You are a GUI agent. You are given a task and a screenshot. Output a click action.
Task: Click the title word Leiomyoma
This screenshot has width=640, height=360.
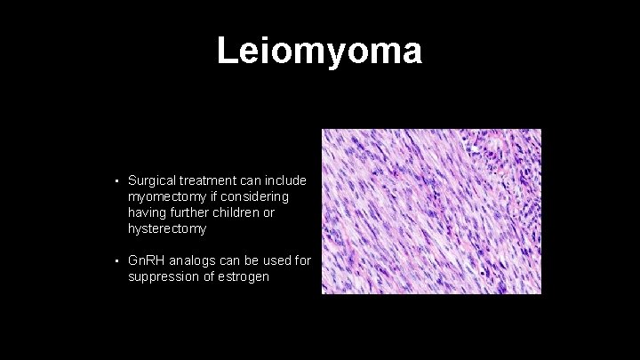(319, 52)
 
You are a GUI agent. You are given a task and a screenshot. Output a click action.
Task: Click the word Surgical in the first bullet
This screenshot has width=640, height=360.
(153, 180)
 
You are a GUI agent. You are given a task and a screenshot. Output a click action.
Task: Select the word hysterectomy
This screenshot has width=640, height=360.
(167, 228)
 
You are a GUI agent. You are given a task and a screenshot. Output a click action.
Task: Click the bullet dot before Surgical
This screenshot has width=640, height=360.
(116, 180)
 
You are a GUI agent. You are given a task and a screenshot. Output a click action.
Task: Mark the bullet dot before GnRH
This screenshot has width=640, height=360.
(116, 261)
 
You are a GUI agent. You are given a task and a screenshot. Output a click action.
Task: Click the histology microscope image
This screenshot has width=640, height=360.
(431, 211)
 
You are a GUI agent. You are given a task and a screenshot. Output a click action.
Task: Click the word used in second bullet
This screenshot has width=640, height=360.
(279, 261)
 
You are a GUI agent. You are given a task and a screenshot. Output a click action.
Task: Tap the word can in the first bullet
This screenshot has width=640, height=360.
(252, 180)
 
